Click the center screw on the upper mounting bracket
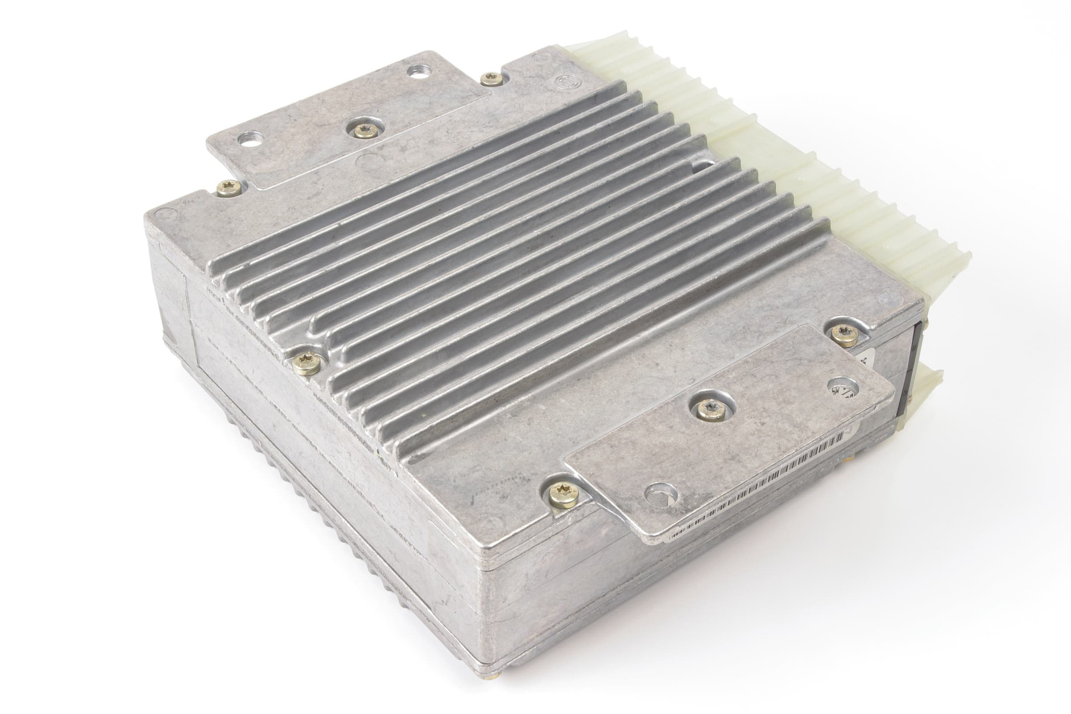tap(362, 131)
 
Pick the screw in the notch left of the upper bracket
tap(228, 188)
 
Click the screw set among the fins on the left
tap(308, 361)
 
